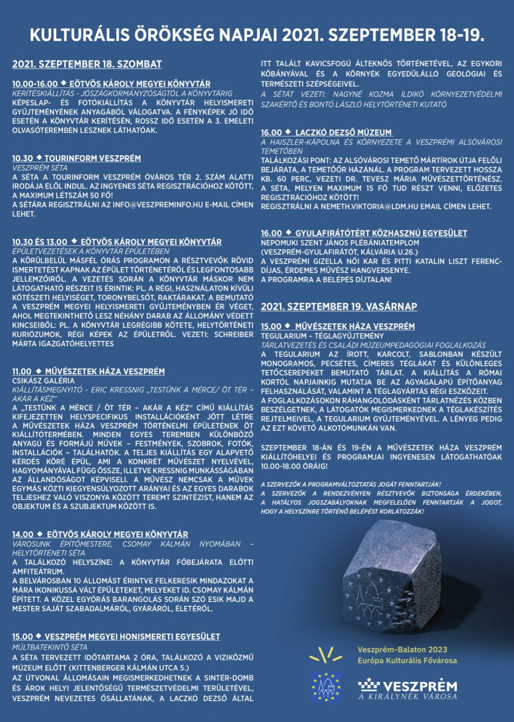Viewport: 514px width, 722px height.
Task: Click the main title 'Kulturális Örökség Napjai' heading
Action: click(x=257, y=36)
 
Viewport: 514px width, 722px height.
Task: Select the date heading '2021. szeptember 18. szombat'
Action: click(x=87, y=64)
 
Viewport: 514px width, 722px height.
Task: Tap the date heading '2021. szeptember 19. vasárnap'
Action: click(x=339, y=306)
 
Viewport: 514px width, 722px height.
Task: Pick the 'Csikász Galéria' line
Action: click(x=43, y=380)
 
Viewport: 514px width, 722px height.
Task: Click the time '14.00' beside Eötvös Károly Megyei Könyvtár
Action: click(x=22, y=534)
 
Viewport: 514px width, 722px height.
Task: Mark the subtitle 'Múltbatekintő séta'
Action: click(x=50, y=647)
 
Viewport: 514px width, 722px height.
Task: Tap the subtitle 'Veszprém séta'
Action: click(x=38, y=168)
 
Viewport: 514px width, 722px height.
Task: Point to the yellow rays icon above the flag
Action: click(x=326, y=654)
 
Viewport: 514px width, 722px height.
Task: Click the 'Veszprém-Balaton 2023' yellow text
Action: click(x=402, y=650)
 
